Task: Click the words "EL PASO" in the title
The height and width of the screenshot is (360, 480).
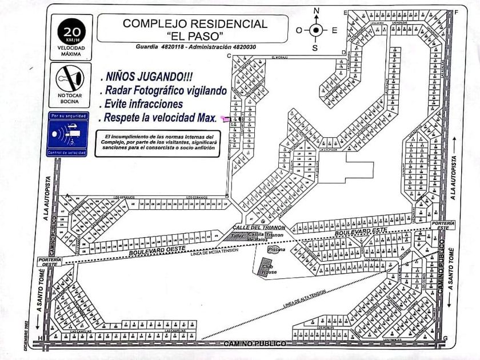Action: (x=196, y=36)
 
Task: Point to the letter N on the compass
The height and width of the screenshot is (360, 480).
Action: (x=316, y=11)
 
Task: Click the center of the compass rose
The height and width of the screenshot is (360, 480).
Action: (x=316, y=30)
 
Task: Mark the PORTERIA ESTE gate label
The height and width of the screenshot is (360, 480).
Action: (x=443, y=225)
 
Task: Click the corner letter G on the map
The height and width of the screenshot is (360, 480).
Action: (x=445, y=338)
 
